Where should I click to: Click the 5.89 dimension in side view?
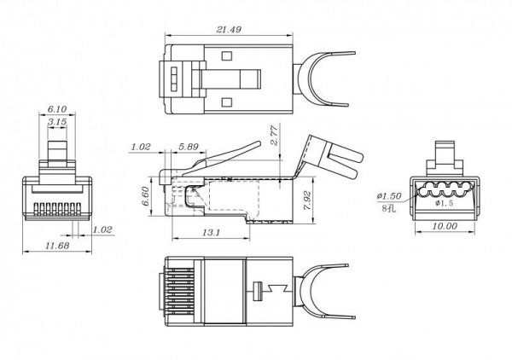(x=189, y=147)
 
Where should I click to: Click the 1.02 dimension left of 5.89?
(x=142, y=147)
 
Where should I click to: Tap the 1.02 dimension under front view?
(x=102, y=229)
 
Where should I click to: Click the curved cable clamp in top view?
(x=326, y=81)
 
